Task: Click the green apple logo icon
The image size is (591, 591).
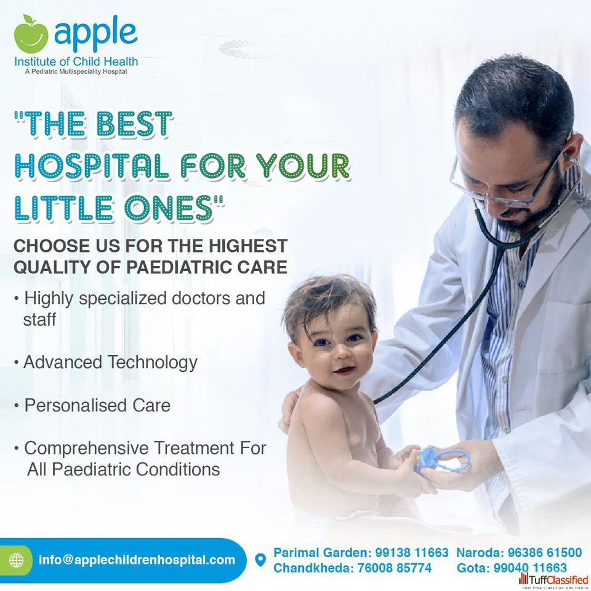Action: [31, 34]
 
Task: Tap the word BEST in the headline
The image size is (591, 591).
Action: [134, 124]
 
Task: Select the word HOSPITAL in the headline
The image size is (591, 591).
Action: [92, 166]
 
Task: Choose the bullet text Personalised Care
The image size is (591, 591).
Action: [97, 406]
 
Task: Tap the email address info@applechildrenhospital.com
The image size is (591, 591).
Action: [137, 560]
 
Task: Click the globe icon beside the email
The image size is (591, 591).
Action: [16, 560]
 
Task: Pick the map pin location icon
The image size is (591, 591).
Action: [260, 560]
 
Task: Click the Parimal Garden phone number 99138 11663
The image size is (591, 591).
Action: [412, 553]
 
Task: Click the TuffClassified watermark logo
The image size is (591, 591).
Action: [553, 581]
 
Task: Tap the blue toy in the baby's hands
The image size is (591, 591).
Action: [441, 460]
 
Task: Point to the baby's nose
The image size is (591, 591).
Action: [343, 352]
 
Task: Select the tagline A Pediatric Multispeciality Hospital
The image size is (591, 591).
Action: [76, 71]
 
